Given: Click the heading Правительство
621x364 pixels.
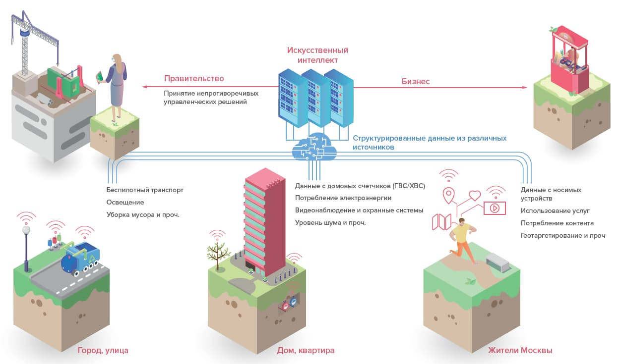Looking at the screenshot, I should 194,78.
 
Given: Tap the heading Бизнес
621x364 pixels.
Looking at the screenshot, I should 416,81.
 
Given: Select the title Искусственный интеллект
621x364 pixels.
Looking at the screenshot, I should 317,55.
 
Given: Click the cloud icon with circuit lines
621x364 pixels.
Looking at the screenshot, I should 314,146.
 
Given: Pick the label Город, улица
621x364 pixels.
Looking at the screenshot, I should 103,351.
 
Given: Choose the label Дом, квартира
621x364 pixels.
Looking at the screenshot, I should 306,351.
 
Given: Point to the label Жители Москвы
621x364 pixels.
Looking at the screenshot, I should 520,351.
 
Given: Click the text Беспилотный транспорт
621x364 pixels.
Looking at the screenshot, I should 145,190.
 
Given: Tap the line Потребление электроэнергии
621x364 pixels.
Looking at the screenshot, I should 343,198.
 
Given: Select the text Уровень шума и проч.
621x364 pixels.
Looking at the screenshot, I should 330,222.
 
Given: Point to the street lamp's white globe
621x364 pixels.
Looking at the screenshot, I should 26,230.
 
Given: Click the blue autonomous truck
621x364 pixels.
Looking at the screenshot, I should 80,259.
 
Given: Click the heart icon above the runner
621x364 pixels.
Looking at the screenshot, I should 475,195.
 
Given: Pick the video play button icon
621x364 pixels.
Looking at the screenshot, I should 495,208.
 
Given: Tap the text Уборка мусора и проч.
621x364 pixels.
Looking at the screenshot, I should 143,215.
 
